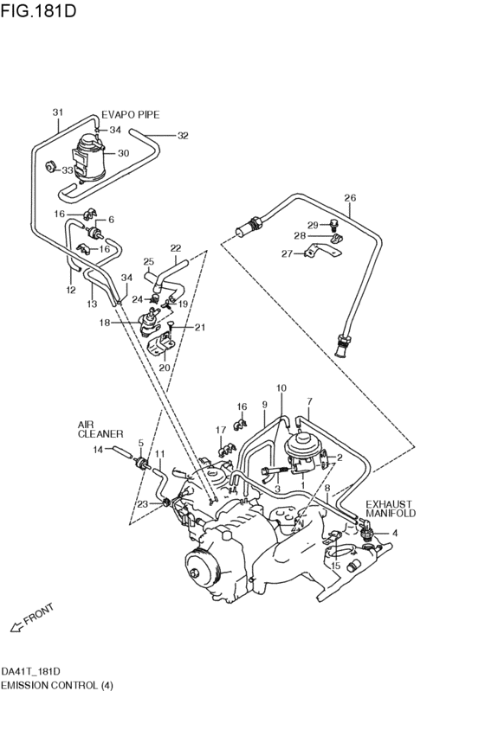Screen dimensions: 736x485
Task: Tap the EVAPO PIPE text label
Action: [x=131, y=114]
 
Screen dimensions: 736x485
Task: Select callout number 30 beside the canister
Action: [x=123, y=153]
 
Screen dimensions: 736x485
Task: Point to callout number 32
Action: [x=183, y=136]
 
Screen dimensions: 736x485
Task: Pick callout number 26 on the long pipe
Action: [x=350, y=197]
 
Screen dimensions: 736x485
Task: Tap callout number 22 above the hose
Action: [x=176, y=247]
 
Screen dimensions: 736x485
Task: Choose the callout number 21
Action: [x=200, y=327]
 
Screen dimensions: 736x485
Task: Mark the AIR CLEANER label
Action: [x=100, y=429]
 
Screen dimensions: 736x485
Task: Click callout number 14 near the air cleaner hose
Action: [x=98, y=449]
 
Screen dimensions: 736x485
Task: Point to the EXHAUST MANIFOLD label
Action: [x=390, y=508]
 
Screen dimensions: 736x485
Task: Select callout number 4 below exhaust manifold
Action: [x=395, y=533]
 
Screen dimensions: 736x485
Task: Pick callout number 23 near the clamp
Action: [x=142, y=503]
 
